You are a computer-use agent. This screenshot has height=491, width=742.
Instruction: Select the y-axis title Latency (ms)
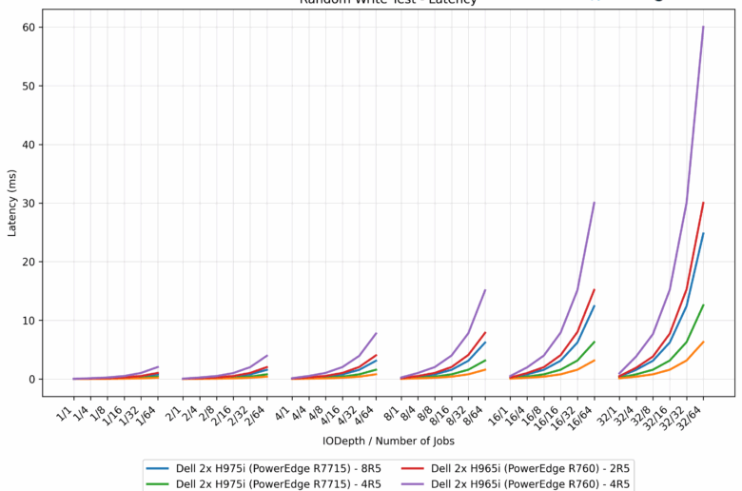pyautogui.click(x=12, y=203)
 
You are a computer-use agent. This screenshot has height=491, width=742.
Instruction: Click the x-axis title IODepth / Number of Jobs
pyautogui.click(x=388, y=442)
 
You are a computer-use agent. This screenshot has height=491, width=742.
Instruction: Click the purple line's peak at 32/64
pyautogui.click(x=703, y=27)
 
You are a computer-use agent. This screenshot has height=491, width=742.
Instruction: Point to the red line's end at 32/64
pyautogui.click(x=703, y=203)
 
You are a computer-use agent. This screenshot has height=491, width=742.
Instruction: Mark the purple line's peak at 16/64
pyautogui.click(x=594, y=203)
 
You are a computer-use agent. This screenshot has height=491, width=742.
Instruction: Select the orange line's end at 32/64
pyautogui.click(x=703, y=342)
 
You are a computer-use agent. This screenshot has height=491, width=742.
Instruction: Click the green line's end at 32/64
pyautogui.click(x=703, y=305)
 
